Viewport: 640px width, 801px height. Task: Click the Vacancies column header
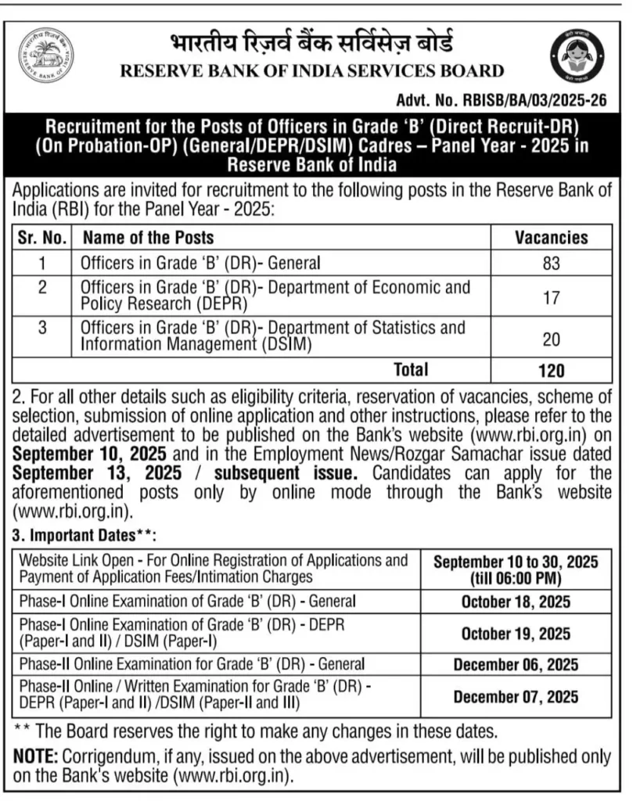551,237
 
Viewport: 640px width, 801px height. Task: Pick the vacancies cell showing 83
551,264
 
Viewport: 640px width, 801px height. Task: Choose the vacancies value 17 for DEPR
551,296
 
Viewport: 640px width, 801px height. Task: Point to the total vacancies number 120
551,370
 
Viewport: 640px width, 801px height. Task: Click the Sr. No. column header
41,237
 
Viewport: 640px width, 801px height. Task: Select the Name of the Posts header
148,237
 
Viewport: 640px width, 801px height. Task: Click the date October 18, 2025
516,602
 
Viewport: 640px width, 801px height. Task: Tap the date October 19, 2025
516,634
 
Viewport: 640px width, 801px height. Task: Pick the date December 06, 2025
516,666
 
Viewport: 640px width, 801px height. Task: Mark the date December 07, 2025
516,696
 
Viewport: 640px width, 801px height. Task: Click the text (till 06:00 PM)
516,579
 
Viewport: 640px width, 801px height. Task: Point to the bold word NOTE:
36,757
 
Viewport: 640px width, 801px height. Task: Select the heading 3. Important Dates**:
84,536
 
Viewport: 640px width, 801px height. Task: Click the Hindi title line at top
311,43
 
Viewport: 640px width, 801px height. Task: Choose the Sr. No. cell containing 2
42,287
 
